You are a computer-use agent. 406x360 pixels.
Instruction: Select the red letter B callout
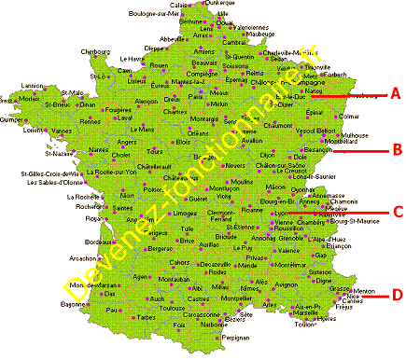point(395,148)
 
